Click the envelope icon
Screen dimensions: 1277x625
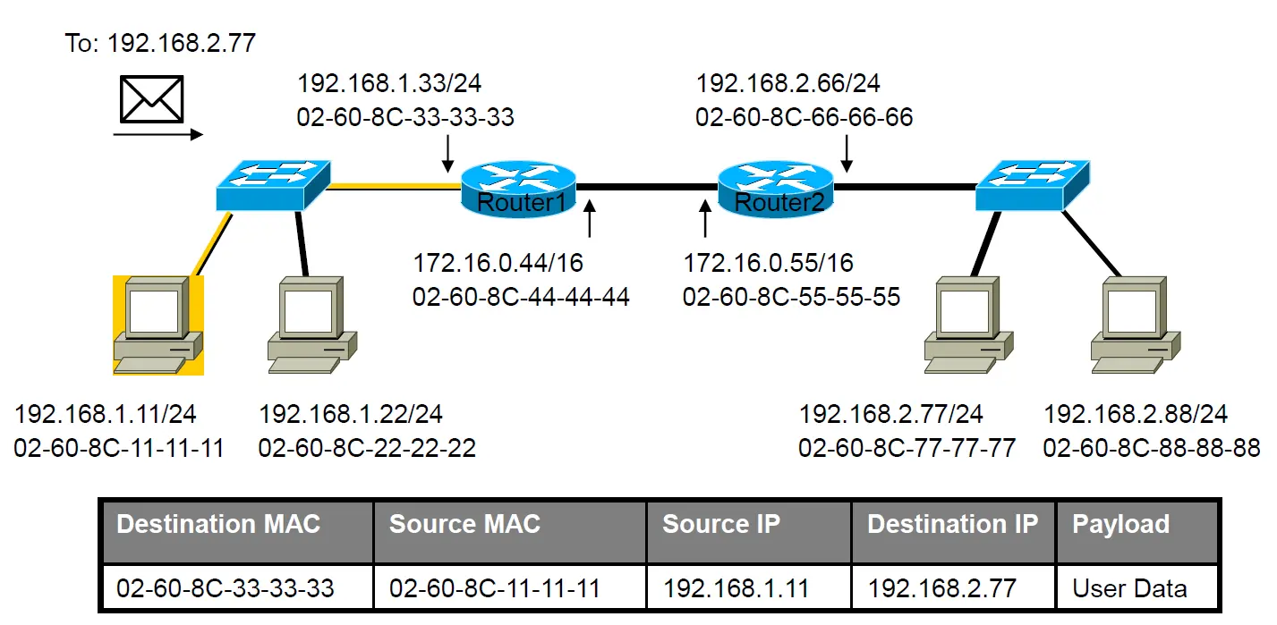(151, 99)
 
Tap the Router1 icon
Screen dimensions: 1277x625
(518, 189)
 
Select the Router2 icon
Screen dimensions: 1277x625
(775, 189)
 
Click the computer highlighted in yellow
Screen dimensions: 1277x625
(157, 325)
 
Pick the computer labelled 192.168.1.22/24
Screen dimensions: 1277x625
(312, 325)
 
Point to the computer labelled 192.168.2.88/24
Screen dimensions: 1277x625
(1136, 325)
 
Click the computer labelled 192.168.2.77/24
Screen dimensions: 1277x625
(968, 325)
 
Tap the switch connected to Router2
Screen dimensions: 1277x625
(1033, 186)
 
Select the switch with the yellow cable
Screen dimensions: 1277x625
(273, 186)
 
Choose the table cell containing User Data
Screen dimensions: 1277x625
(1137, 587)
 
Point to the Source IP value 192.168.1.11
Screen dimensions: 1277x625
(736, 588)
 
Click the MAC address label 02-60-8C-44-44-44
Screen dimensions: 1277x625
(521, 297)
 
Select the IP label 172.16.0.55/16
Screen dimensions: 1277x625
(768, 263)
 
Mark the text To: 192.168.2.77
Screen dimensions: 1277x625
(160, 43)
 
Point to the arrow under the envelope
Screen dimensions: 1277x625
(157, 134)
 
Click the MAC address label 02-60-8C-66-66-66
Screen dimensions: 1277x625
(804, 117)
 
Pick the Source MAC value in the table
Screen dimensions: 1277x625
(494, 588)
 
